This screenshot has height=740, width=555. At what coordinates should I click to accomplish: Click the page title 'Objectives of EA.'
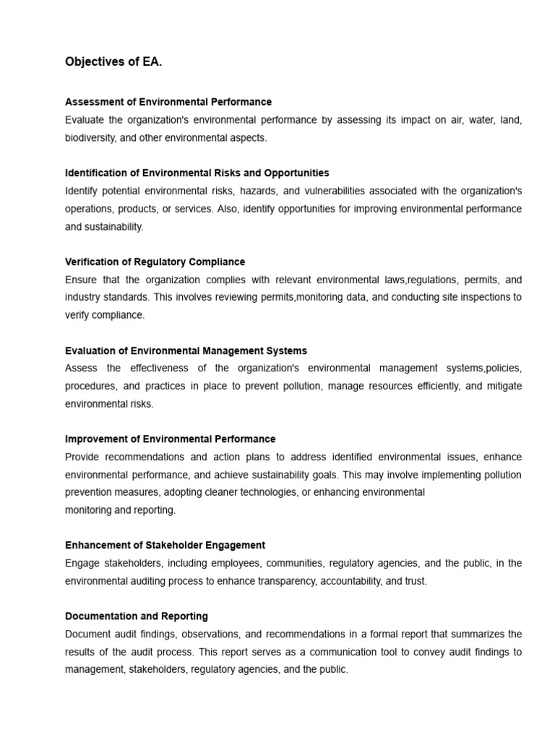coord(113,62)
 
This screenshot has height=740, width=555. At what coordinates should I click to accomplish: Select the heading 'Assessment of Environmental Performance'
coord(168,102)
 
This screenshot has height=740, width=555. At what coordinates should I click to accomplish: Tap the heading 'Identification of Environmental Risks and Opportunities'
coord(197,173)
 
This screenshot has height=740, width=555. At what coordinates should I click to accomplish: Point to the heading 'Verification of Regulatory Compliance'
coord(155,262)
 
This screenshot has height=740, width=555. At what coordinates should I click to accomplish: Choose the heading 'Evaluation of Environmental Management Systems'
coord(186,350)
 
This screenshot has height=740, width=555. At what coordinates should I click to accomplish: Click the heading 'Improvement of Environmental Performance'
coord(170,439)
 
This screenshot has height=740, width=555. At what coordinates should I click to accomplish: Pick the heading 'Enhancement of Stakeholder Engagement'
coord(165,545)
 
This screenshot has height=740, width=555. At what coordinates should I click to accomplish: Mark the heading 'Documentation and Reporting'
coord(136,616)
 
